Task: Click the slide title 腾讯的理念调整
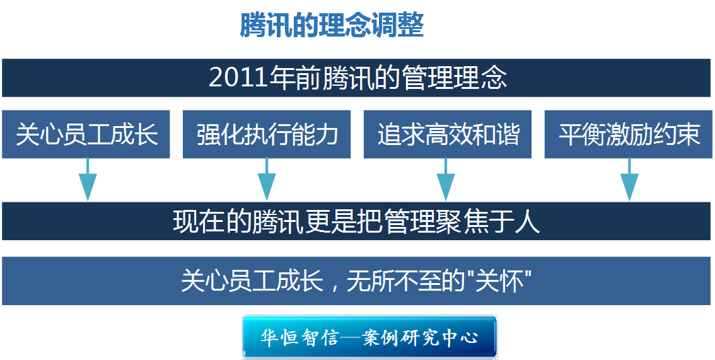(x=332, y=25)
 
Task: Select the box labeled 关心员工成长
(x=86, y=134)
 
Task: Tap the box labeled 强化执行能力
(x=267, y=134)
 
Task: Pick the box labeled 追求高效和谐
(x=447, y=134)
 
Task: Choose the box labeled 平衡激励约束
(x=629, y=134)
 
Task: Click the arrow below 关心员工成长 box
(x=88, y=180)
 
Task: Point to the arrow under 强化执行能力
(x=267, y=180)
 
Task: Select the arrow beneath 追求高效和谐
(x=446, y=180)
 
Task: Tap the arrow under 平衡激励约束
(x=629, y=180)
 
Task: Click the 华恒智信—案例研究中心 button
(x=369, y=337)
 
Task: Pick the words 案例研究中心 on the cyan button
(x=420, y=338)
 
